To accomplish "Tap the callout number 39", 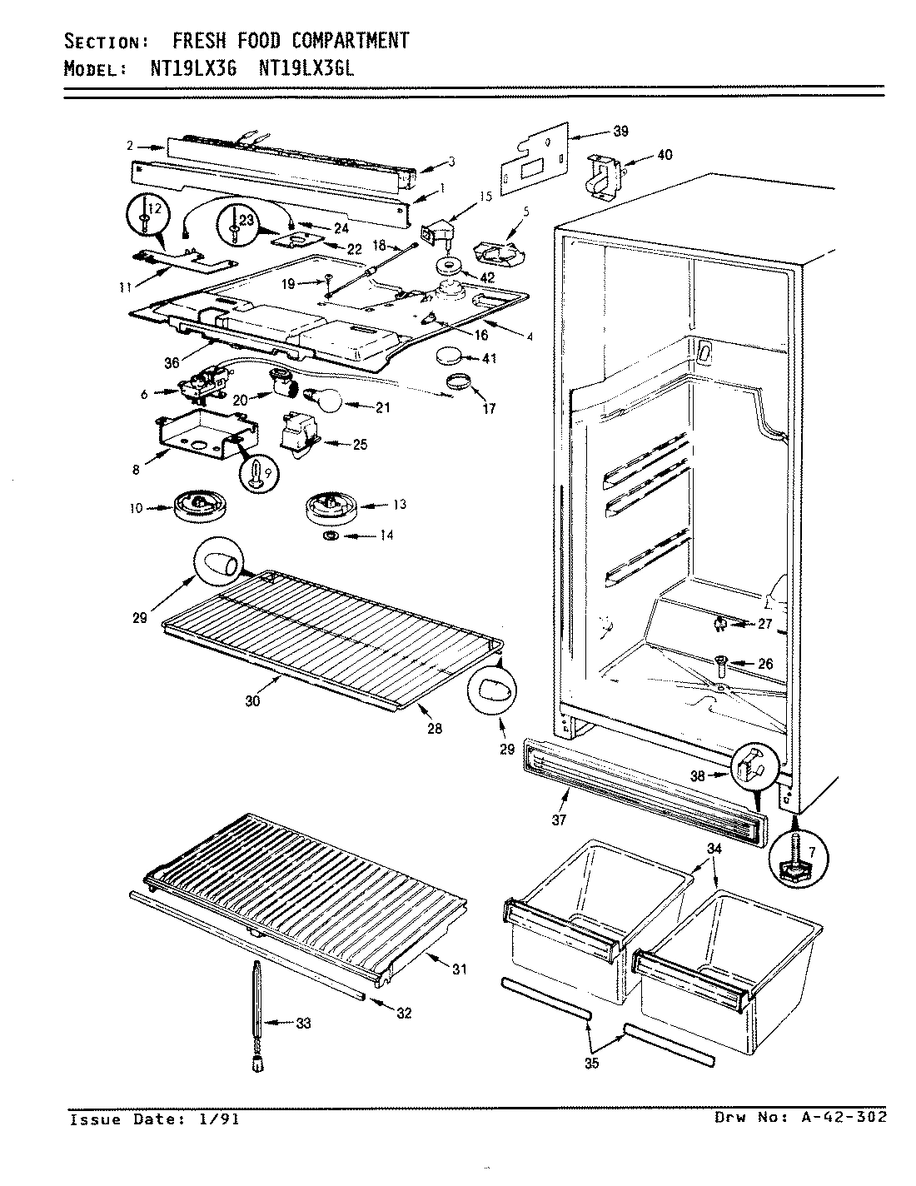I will click(620, 131).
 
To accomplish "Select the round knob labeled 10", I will click(198, 506).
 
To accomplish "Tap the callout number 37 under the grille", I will click(558, 820).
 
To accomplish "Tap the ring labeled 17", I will click(457, 384).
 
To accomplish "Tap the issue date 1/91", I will click(220, 1119).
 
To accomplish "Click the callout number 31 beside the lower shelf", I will click(460, 969).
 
